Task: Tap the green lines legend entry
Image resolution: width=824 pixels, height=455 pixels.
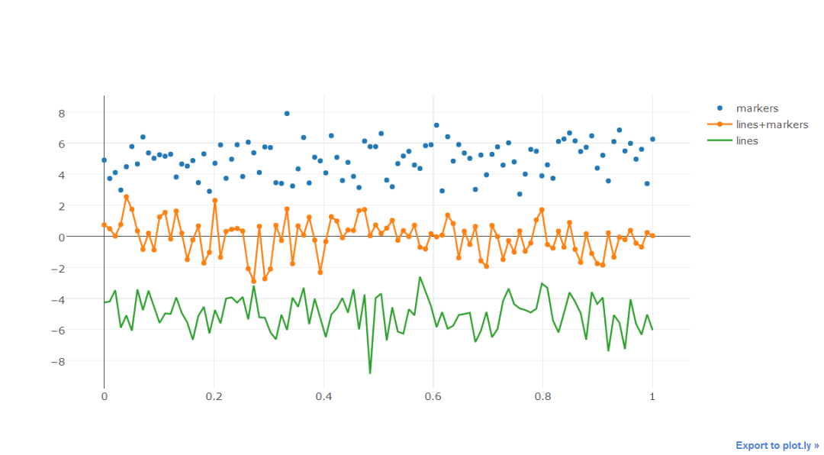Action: tap(747, 140)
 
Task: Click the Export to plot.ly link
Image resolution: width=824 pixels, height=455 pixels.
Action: tap(777, 445)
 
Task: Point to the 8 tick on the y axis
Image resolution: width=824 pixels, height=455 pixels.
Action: tap(83, 113)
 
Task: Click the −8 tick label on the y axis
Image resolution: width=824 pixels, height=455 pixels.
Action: tap(80, 361)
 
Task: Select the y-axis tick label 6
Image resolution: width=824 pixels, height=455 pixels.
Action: tap(83, 144)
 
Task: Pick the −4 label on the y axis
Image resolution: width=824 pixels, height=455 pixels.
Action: tap(80, 299)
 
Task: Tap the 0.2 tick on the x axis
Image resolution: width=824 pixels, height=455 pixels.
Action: tap(214, 397)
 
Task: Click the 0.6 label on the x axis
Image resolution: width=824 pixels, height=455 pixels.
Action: tap(433, 397)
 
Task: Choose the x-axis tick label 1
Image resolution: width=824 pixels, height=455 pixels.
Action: tap(652, 397)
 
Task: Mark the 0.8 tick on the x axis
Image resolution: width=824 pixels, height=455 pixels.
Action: tap(542, 397)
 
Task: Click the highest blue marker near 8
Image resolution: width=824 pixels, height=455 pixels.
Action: tap(287, 113)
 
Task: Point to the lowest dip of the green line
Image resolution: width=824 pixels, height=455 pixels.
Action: tap(370, 373)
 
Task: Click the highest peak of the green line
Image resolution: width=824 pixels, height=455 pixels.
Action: tap(420, 277)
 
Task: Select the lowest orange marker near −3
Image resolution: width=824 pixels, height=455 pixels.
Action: tap(253, 281)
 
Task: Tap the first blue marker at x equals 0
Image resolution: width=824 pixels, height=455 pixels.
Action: tap(104, 160)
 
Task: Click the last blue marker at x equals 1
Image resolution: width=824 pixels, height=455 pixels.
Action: tap(652, 139)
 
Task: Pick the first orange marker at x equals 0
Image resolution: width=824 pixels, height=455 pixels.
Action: tap(104, 224)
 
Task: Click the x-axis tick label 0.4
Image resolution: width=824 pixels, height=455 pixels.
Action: tap(323, 397)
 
